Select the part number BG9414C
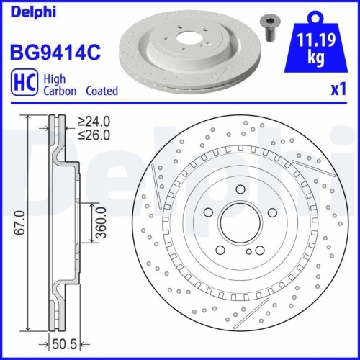53,52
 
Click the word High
57,78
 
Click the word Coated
102,91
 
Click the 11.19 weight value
315,42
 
